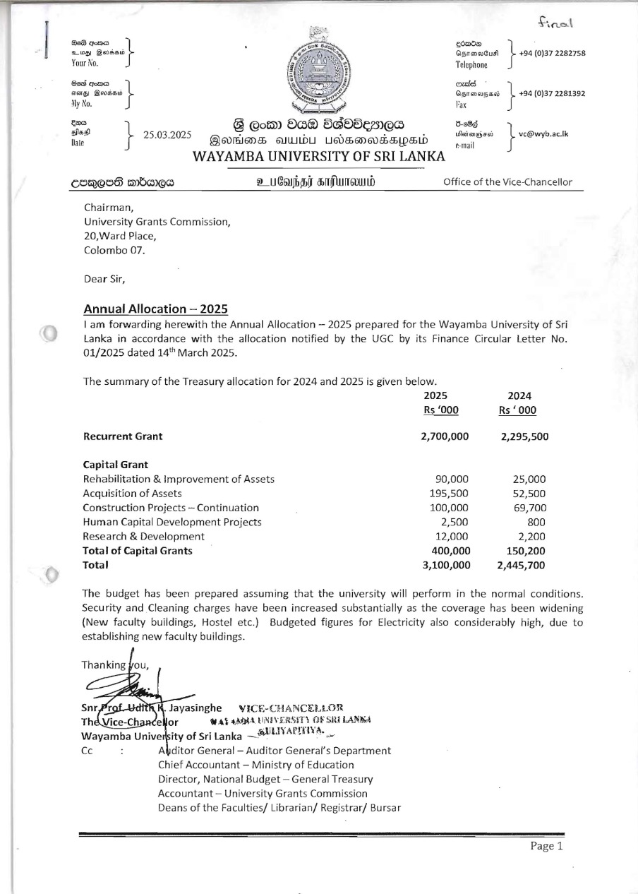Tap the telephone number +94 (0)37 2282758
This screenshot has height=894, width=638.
[x=552, y=54]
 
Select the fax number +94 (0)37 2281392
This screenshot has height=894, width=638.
[x=552, y=93]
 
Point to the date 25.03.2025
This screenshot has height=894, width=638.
[x=167, y=134]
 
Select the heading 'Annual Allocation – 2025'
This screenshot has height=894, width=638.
[x=155, y=309]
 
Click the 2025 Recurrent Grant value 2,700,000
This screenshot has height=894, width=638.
[x=445, y=436]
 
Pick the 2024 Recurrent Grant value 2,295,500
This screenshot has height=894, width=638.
[x=524, y=436]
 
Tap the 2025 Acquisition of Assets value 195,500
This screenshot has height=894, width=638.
[x=450, y=494]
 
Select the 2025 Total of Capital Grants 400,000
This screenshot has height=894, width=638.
[x=450, y=551]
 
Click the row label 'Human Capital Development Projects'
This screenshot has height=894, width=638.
[x=172, y=522]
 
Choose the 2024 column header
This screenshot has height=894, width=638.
[x=519, y=396]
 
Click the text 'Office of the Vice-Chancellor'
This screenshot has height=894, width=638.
[x=507, y=182]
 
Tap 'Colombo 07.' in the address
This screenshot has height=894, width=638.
[x=114, y=251]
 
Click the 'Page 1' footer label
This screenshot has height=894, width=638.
[x=547, y=847]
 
